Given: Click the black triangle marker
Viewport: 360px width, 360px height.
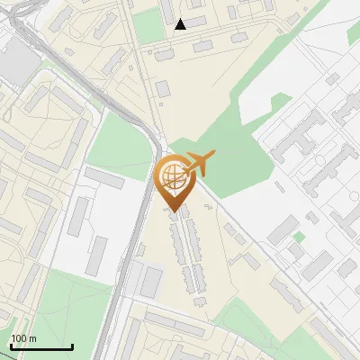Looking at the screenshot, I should click(181, 24).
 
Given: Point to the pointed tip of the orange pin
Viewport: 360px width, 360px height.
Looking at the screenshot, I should click(174, 211).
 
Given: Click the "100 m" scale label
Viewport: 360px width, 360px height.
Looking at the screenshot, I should click(23, 338).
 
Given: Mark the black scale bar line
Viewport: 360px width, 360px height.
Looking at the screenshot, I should click(41, 346).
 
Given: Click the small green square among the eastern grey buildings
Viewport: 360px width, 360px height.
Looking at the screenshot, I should click(298, 238).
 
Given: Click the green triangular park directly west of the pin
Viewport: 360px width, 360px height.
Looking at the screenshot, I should click(121, 144).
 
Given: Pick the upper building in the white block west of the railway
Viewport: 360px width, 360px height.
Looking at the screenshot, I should click(104, 177).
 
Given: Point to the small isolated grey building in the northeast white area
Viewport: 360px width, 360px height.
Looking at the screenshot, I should click(332, 79).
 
